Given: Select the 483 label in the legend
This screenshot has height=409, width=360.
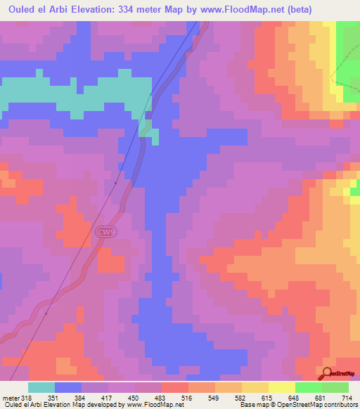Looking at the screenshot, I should click(x=162, y=397).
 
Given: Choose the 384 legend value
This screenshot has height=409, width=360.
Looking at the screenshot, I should click(x=82, y=397).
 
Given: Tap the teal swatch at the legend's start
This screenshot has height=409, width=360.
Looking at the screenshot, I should click(x=41, y=387).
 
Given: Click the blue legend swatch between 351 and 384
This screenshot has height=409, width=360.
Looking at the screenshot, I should click(x=68, y=387).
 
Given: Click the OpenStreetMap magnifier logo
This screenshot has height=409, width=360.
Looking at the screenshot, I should click(x=328, y=373).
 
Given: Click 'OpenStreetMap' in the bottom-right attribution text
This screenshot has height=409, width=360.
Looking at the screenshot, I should click(x=300, y=405).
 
